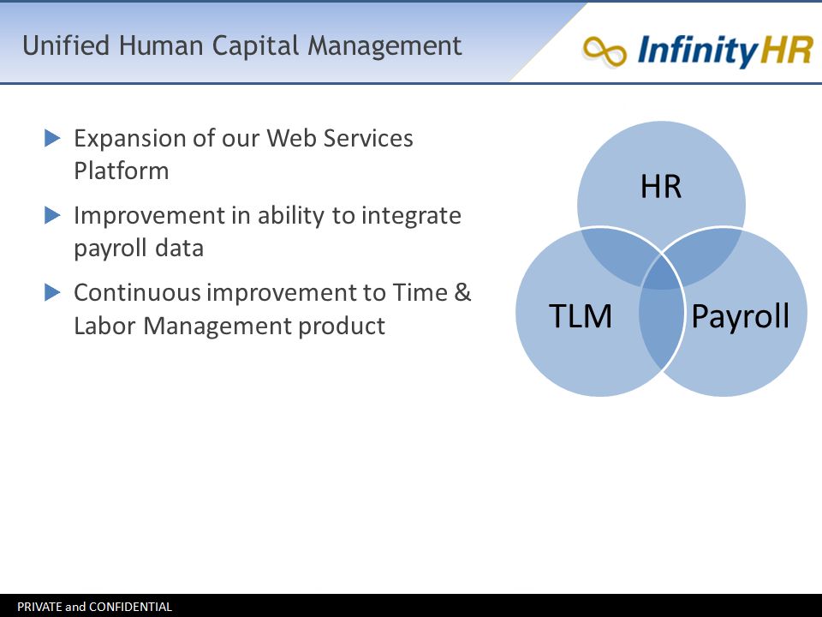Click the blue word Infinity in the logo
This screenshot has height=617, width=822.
pyautogui.click(x=698, y=51)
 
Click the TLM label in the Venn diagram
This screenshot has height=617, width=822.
pyautogui.click(x=581, y=316)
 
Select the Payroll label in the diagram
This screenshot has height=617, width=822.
pyautogui.click(x=740, y=316)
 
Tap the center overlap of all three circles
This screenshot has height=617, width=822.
pyautogui.click(x=662, y=273)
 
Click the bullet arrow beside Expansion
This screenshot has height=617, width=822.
pyautogui.click(x=52, y=139)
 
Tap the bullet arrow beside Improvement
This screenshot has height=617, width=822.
pyautogui.click(x=52, y=215)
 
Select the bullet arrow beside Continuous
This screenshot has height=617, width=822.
pyautogui.click(x=52, y=292)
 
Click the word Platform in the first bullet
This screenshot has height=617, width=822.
pyautogui.click(x=121, y=171)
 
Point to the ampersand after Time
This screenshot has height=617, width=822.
pyautogui.click(x=462, y=292)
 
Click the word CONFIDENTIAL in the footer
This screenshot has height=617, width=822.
pyautogui.click(x=130, y=607)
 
